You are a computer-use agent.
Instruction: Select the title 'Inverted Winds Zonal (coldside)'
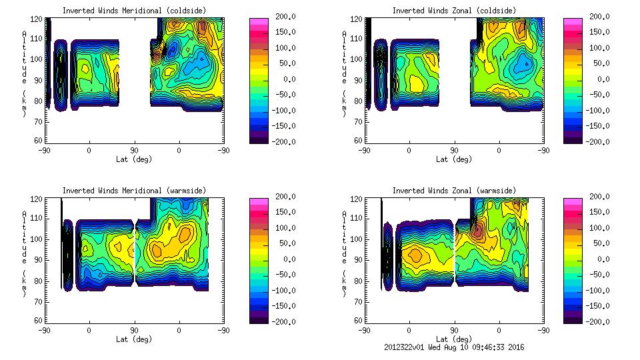click(x=454, y=11)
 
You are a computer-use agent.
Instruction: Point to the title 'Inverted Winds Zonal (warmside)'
click(x=454, y=191)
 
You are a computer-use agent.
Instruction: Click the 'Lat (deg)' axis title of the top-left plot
click(x=134, y=159)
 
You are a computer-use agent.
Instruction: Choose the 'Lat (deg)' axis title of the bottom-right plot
click(x=453, y=339)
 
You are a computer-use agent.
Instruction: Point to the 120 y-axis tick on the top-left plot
click(x=37, y=16)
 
